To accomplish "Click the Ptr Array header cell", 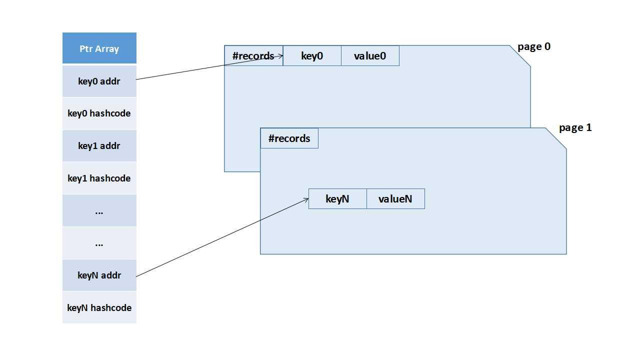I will pos(99,48).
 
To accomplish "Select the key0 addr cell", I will pos(99,81).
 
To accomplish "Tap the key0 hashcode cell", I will pos(99,113).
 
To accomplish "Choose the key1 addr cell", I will pos(99,146).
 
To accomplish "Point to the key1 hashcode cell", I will pos(99,178).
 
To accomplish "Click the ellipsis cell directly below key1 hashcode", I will pos(99,211).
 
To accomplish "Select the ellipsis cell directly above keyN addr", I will pos(99,243).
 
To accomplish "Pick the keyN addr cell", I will pos(99,275).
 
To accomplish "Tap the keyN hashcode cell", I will pos(99,308).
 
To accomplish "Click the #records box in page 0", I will pos(253,56).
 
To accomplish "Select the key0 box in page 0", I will pos(312,56).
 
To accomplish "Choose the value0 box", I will pos(370,56).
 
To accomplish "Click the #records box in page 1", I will pos(289,138).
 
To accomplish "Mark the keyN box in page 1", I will pos(337,199).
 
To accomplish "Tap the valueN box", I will pos(395,199).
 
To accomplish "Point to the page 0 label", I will pos(534,47).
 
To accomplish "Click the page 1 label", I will pos(575,128).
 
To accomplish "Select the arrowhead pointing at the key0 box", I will pos(281,56).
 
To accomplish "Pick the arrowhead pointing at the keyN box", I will pos(306,200).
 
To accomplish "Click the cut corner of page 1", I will pos(556,138).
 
